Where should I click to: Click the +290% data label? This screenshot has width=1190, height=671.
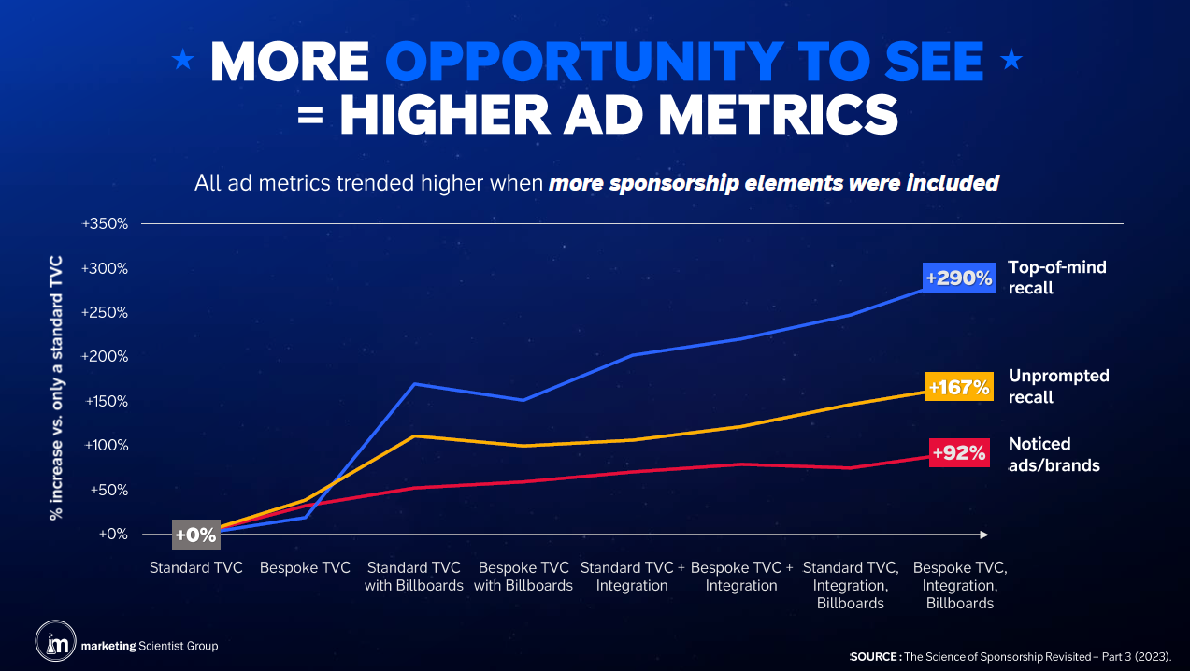click(x=958, y=278)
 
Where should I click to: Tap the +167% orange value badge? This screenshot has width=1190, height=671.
click(x=958, y=387)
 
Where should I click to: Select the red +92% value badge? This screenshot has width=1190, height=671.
click(x=959, y=453)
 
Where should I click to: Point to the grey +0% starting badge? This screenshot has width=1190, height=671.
click(x=196, y=535)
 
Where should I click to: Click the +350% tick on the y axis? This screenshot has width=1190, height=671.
click(x=105, y=224)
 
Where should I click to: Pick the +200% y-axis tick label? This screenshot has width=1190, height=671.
click(x=105, y=357)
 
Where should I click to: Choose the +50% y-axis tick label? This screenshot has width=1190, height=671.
click(x=108, y=490)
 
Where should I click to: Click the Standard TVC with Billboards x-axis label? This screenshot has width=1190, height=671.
click(x=415, y=577)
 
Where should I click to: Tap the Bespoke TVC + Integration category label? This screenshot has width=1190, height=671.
click(x=741, y=577)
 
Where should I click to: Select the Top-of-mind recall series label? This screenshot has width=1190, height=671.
click(x=1044, y=278)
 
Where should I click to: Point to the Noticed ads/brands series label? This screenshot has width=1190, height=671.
click(x=1054, y=453)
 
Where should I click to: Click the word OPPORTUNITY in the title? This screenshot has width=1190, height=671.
click(x=581, y=62)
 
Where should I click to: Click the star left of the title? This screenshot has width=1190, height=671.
click(x=183, y=61)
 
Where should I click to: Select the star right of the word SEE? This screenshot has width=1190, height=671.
click(x=1011, y=61)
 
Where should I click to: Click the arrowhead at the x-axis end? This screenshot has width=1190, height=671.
click(x=983, y=535)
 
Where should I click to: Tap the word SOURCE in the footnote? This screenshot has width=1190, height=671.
click(x=874, y=657)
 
